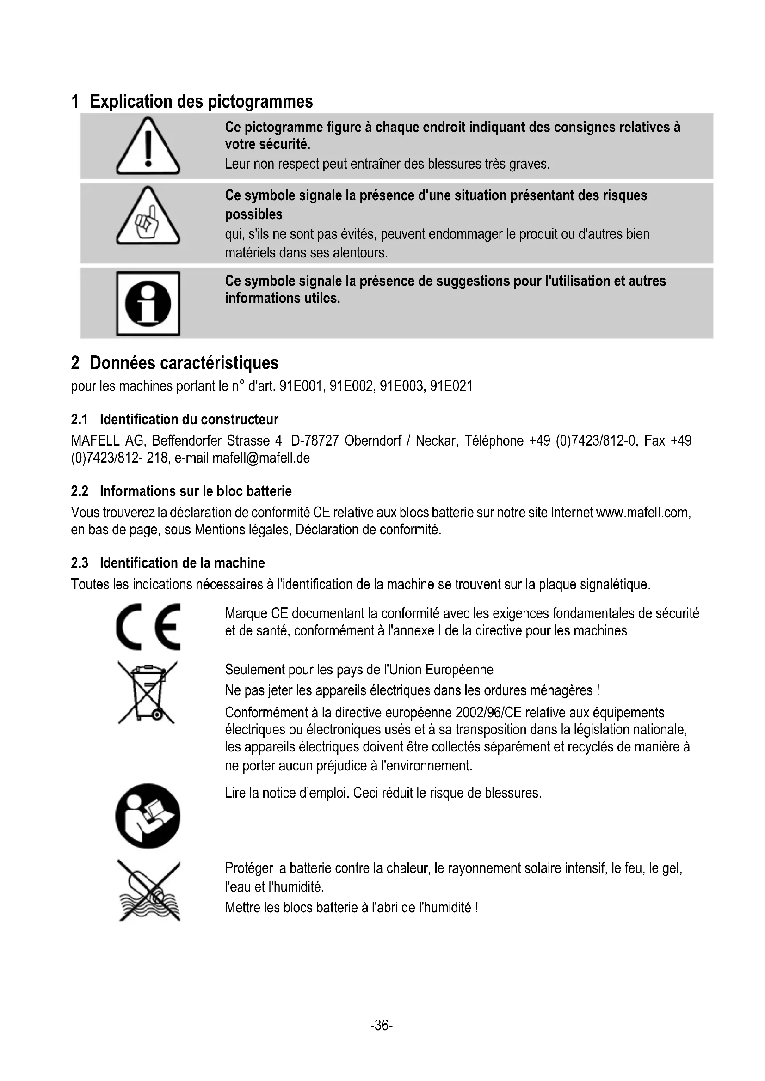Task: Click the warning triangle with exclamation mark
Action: pyautogui.click(x=148, y=147)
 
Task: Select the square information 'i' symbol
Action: pyautogui.click(x=148, y=303)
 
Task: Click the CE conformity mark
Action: pyautogui.click(x=148, y=627)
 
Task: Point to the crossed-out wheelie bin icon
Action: pyautogui.click(x=147, y=692)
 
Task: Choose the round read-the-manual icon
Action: pyautogui.click(x=148, y=816)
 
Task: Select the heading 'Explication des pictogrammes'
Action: pyautogui.click(x=201, y=101)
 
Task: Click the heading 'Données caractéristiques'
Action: pyautogui.click(x=184, y=363)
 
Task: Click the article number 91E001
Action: pyautogui.click(x=301, y=386)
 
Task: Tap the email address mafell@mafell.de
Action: pyautogui.click(x=261, y=458)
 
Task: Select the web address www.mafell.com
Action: pyautogui.click(x=643, y=512)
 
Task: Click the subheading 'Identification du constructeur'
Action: pyautogui.click(x=189, y=420)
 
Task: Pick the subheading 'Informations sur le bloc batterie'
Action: pyautogui.click(x=196, y=491)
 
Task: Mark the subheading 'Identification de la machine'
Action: pyautogui.click(x=182, y=562)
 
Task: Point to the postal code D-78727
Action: pyautogui.click(x=315, y=441)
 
